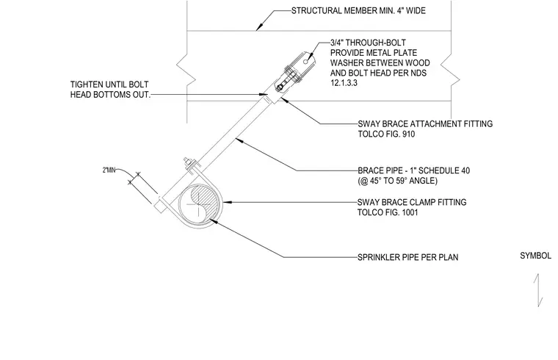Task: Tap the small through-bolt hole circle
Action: tap(305, 62)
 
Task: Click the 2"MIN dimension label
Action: tap(109, 170)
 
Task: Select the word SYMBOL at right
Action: tap(535, 256)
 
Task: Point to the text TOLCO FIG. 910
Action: tap(386, 134)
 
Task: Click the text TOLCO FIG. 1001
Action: tap(388, 212)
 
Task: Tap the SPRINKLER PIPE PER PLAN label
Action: tap(407, 257)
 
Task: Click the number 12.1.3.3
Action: tap(344, 83)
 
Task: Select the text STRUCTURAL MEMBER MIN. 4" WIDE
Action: tap(358, 11)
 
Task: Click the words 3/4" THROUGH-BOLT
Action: tap(368, 43)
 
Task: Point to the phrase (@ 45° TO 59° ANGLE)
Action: tap(397, 181)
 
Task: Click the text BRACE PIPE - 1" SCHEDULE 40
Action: tap(413, 170)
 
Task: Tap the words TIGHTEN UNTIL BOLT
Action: tap(109, 84)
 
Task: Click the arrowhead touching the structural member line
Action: tap(259, 27)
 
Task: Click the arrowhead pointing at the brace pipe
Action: tap(239, 140)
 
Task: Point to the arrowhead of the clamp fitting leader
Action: tap(227, 202)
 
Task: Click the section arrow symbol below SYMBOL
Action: tap(538, 290)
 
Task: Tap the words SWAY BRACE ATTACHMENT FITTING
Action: tap(425, 124)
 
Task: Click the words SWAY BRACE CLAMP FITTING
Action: tap(412, 202)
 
